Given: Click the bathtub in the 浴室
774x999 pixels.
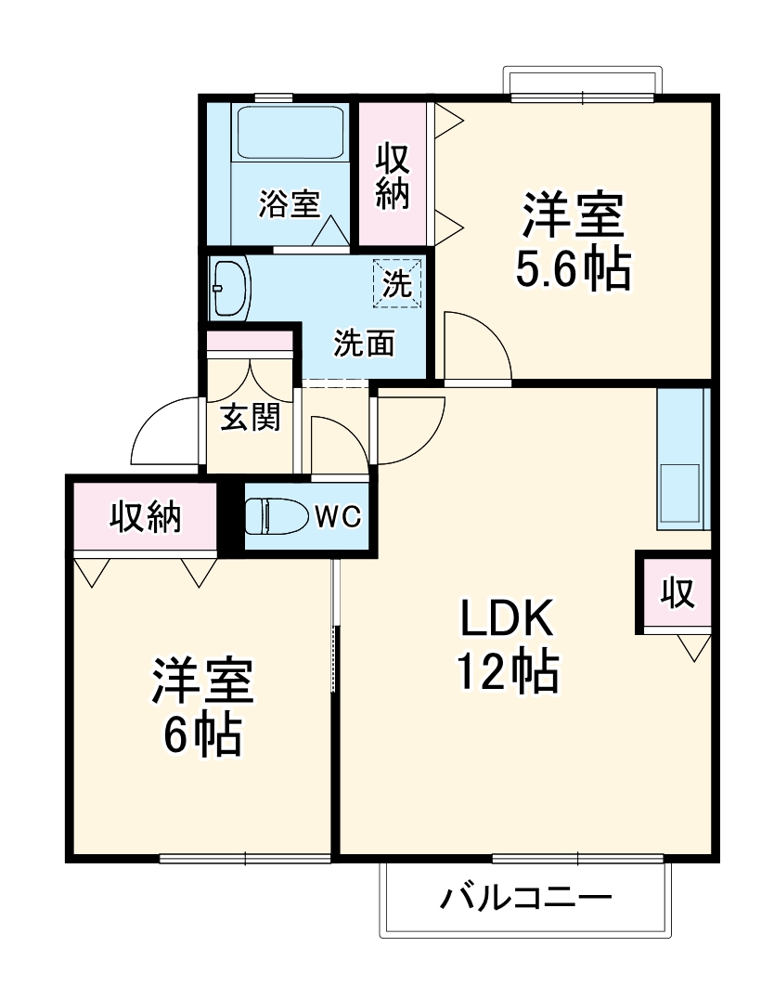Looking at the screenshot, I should coord(290,134).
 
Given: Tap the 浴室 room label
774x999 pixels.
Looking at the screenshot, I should coord(289,203).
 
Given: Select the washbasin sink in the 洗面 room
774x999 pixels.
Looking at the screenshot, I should coord(230,288).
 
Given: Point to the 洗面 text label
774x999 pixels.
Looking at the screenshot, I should coord(364,344).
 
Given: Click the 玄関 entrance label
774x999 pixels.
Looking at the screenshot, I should coord(250,419).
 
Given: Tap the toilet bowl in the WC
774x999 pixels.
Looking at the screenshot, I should coord(276,516).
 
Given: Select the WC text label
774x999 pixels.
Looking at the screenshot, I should coord(337,517).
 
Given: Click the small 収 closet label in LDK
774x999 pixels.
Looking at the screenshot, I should coord(677,592).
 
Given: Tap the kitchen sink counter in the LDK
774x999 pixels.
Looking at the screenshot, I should coord(682,460).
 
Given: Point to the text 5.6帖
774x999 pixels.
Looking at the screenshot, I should coord(573,268).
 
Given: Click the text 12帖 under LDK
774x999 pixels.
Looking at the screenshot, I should coord(506,670).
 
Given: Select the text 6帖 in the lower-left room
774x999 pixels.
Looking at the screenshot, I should coord(203,734).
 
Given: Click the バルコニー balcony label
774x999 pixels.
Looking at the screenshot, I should coord(525,898).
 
